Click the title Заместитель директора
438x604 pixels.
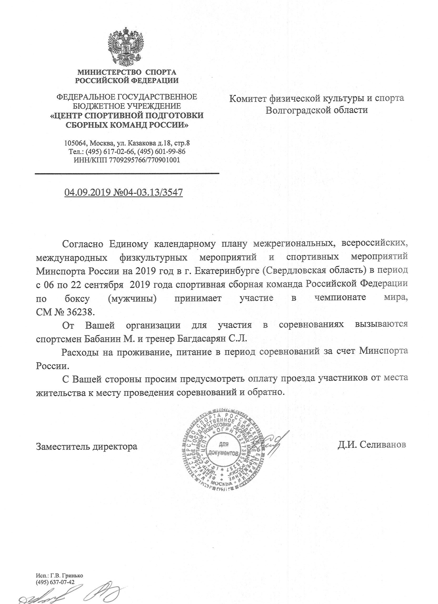tap(87, 446)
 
